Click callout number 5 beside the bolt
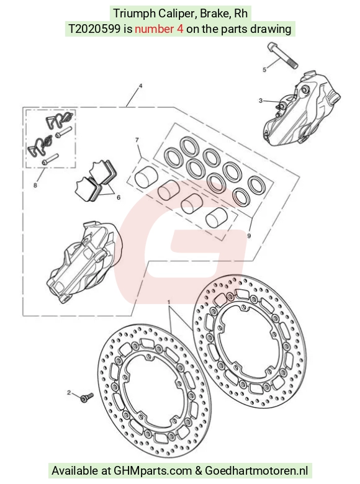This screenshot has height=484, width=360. pyautogui.click(x=264, y=69)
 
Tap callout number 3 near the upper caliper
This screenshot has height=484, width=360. pyautogui.click(x=261, y=101)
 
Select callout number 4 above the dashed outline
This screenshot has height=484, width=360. pyautogui.click(x=140, y=86)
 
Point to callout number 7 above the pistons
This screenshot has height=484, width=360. pyautogui.click(x=137, y=140)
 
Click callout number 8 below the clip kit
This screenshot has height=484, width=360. pyautogui.click(x=35, y=185)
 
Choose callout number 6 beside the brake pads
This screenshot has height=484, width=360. pyautogui.click(x=119, y=197)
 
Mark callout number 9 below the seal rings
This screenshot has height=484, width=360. pyautogui.click(x=249, y=236)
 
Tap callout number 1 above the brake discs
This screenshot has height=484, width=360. pyautogui.click(x=169, y=301)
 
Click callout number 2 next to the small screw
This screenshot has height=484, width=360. pyautogui.click(x=69, y=393)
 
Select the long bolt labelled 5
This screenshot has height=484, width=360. pyautogui.click(x=282, y=56)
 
